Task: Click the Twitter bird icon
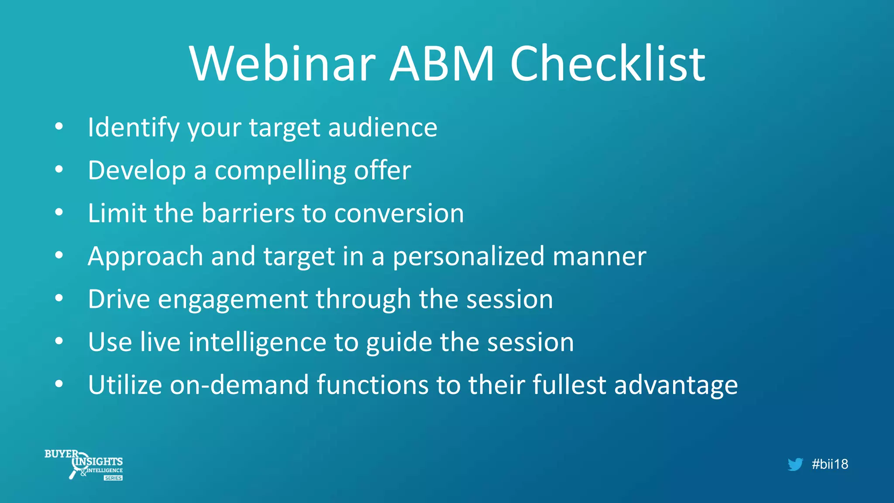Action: tap(795, 464)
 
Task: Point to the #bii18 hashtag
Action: tap(830, 464)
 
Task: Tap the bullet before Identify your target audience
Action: tap(59, 127)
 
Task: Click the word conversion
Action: tap(399, 213)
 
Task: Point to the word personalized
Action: tap(468, 256)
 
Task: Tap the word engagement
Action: tap(233, 300)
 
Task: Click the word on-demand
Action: tap(239, 385)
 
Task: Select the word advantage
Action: tap(676, 386)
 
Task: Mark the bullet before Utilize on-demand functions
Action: tap(59, 384)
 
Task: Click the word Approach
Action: tap(145, 256)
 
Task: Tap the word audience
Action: tap(382, 128)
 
